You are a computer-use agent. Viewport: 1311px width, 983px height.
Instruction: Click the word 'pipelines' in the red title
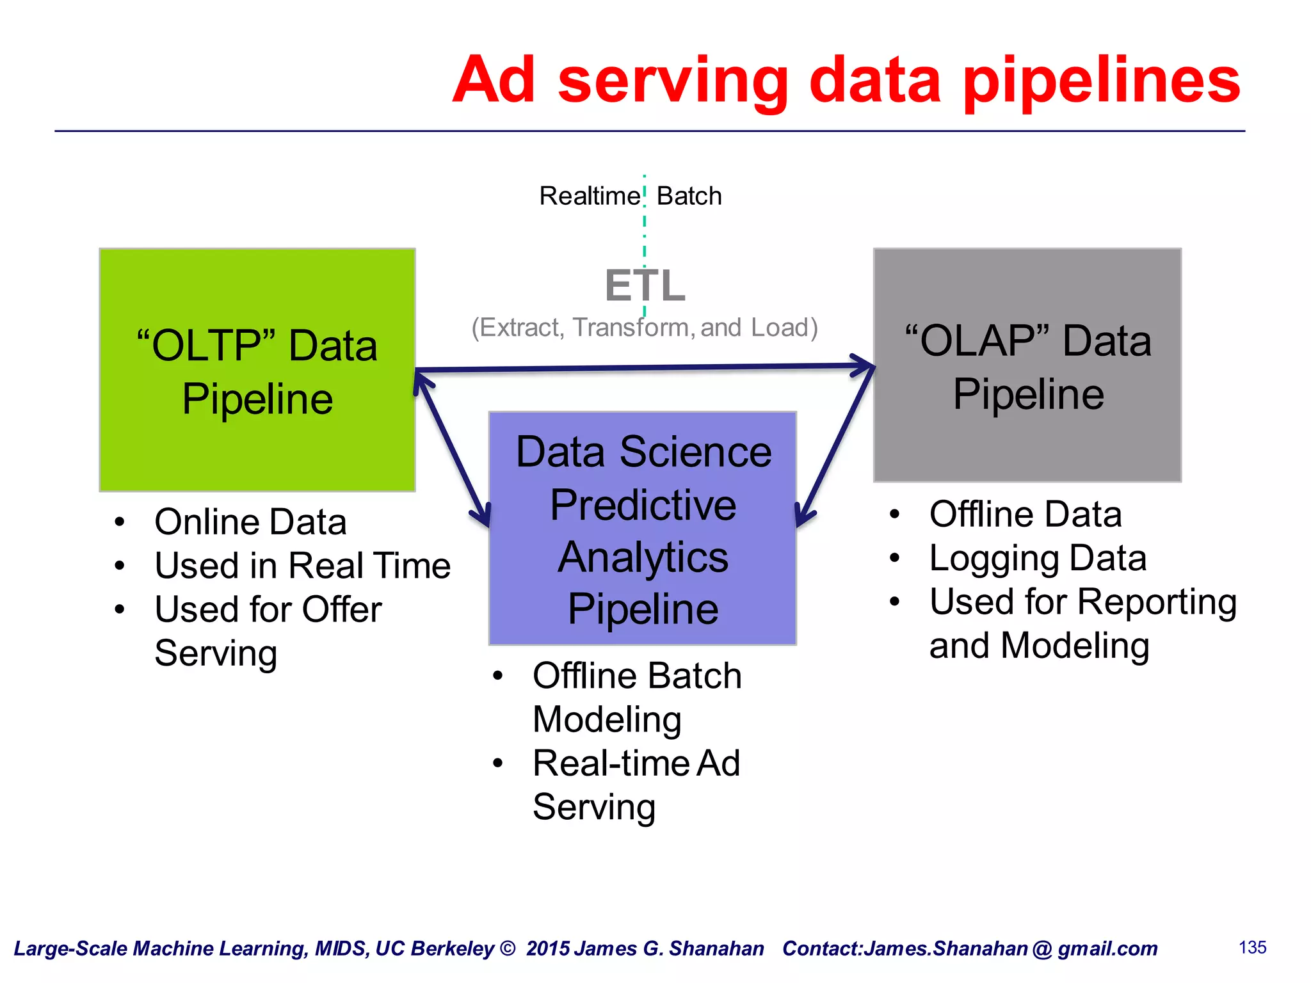click(x=1101, y=82)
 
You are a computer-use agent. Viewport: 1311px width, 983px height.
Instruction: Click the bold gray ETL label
click(x=645, y=285)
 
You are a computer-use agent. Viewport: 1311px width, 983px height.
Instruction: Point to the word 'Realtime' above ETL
click(x=590, y=196)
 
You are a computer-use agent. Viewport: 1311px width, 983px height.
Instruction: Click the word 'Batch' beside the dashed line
click(x=689, y=196)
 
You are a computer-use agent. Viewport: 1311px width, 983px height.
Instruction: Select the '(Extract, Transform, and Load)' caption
click(x=645, y=328)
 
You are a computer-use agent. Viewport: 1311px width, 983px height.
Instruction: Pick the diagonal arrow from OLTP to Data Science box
click(x=452, y=448)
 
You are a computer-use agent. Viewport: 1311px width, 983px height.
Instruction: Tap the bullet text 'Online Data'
click(x=250, y=522)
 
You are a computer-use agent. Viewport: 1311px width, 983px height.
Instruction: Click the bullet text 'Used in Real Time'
click(x=302, y=566)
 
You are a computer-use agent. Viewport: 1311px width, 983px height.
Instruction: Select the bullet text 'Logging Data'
click(x=1037, y=558)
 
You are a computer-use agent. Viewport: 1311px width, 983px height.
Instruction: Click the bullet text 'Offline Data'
click(x=1025, y=515)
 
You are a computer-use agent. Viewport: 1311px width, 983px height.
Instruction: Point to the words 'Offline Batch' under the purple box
click(x=637, y=676)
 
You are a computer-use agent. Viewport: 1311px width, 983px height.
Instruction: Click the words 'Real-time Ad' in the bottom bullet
click(x=636, y=763)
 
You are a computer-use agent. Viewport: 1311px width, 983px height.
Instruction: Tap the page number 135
click(x=1252, y=947)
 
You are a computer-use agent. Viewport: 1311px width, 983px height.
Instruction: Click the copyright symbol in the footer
click(x=508, y=948)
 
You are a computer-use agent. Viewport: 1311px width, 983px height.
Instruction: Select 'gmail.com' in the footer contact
click(x=1107, y=948)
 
